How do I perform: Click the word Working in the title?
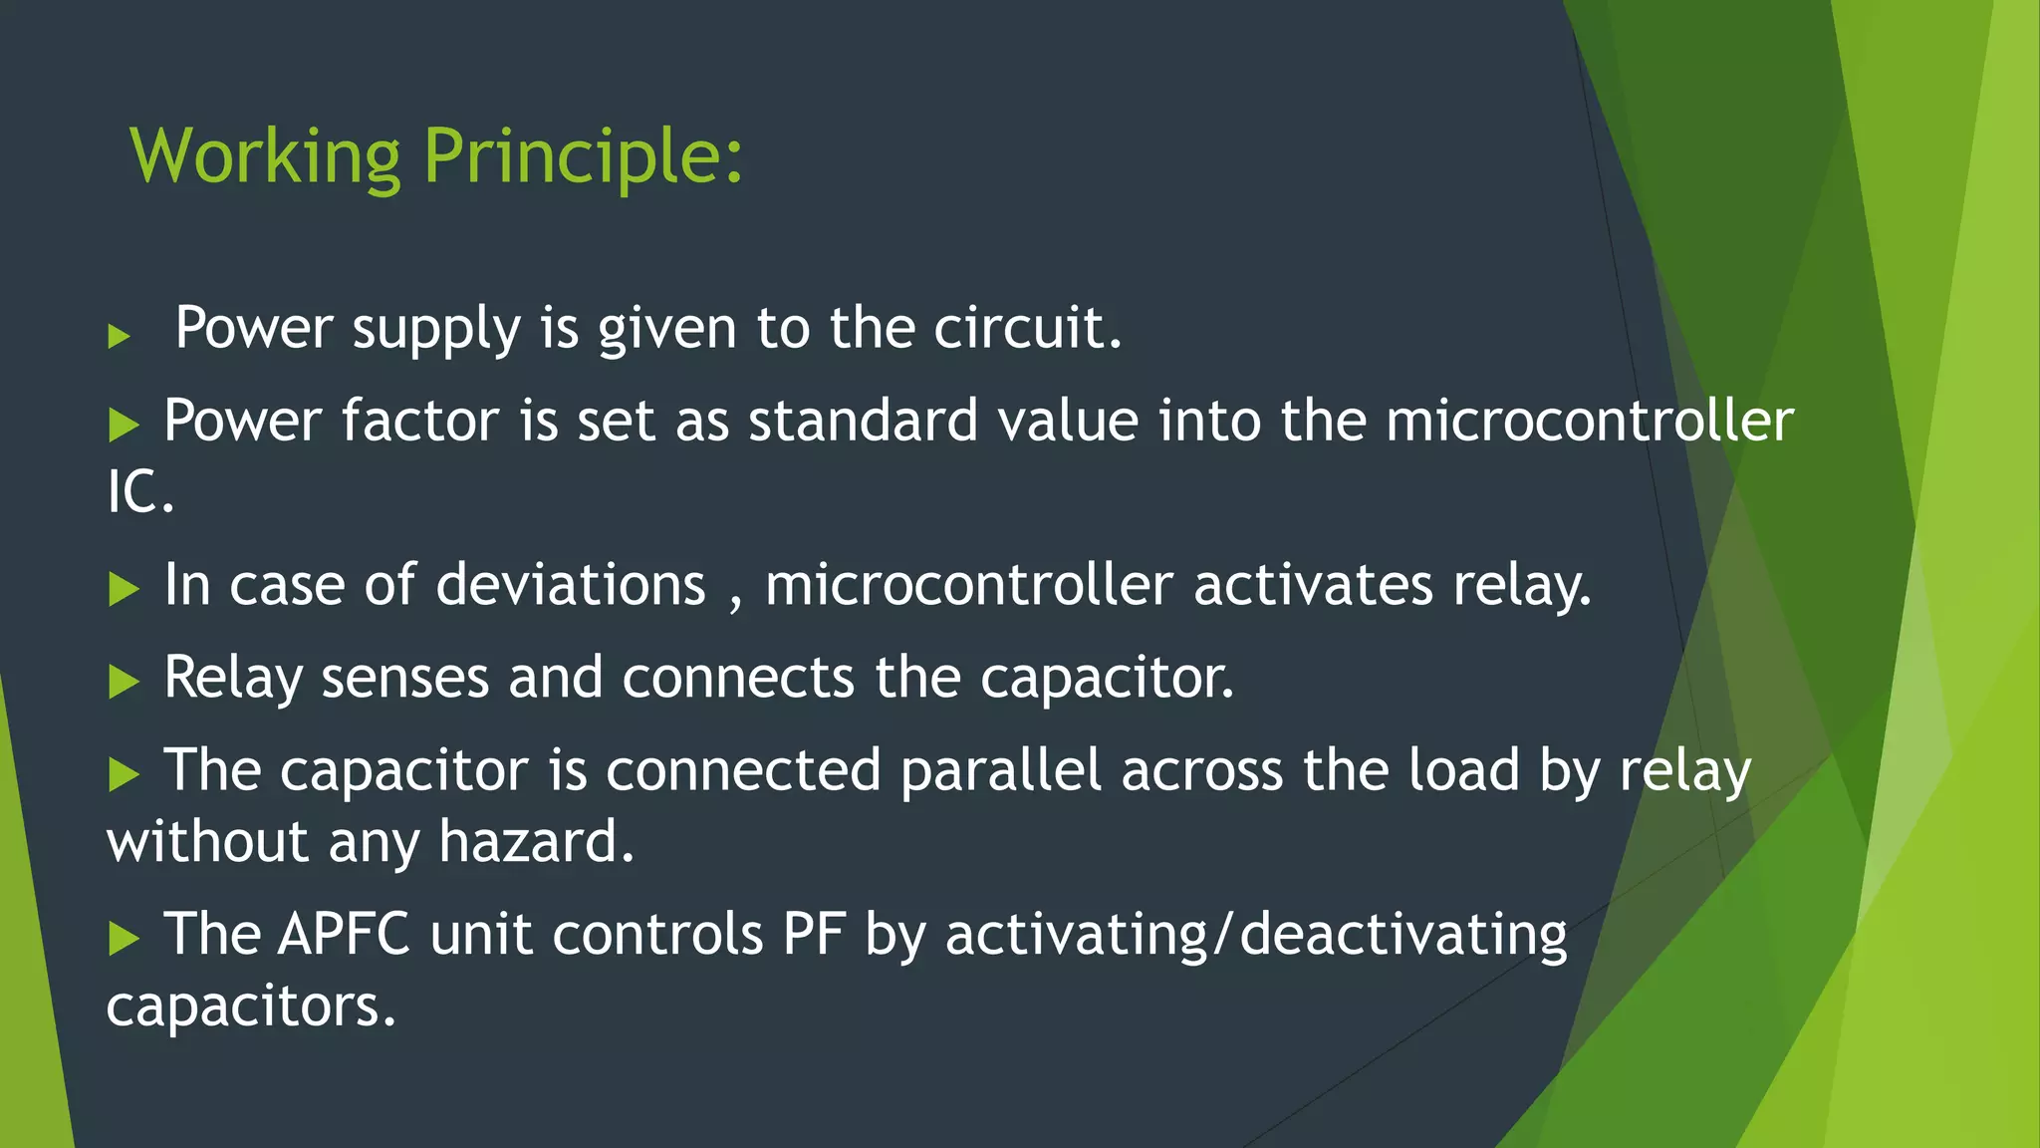tap(265, 157)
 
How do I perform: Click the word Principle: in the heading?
tap(583, 157)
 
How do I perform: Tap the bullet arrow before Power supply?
tap(120, 336)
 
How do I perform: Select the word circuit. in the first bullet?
tap(1027, 328)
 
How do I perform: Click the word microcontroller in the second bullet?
tap(1589, 421)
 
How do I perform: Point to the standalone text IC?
tap(140, 492)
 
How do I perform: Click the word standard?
tap(863, 421)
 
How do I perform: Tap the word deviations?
tap(570, 585)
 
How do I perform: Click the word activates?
tap(1313, 585)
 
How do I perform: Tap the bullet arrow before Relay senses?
tap(124, 682)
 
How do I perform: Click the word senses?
tap(404, 678)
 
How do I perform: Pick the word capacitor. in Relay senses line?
tap(1107, 678)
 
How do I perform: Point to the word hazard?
tap(536, 842)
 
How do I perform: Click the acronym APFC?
tap(344, 935)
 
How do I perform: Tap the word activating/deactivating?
tap(1255, 935)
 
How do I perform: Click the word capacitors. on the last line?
tap(251, 1006)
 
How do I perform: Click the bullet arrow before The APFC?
tap(124, 938)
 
